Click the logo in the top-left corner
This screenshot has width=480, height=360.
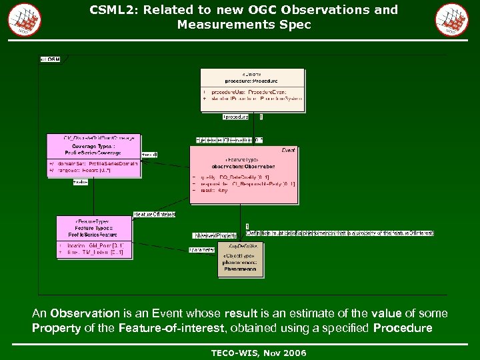[25, 19]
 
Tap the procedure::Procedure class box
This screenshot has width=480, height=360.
[252, 89]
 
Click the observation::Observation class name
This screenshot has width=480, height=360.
[243, 166]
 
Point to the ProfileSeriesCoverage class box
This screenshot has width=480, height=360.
[93, 155]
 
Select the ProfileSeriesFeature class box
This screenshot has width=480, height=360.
[93, 236]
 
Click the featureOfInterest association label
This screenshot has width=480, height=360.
[155, 214]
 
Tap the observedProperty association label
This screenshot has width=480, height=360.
[215, 235]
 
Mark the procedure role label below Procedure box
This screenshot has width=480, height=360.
[235, 117]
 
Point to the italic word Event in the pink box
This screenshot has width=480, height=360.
[288, 151]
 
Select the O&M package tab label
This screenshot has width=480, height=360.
[51, 59]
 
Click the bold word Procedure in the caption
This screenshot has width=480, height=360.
[403, 328]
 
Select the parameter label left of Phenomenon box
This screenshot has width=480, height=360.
[202, 251]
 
